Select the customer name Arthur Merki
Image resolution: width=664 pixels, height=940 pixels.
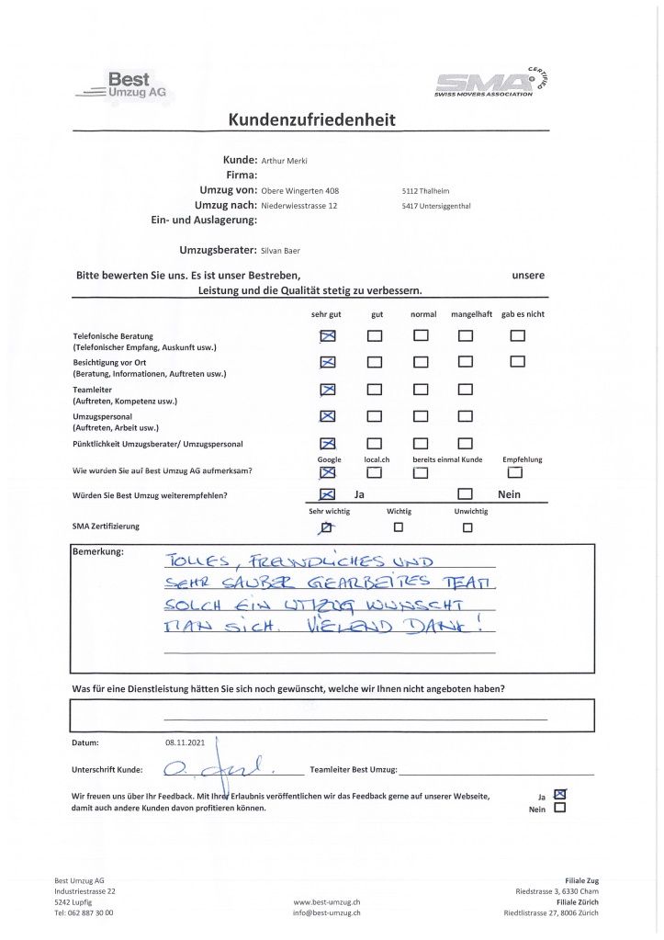284,160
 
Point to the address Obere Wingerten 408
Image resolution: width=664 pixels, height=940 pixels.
300,190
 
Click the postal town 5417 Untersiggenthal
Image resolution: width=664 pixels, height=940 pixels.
436,206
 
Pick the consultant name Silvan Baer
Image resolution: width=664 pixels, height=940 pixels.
280,250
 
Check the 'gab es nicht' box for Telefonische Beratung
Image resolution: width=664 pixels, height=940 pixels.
517,336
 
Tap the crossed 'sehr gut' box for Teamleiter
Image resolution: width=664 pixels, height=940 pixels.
328,390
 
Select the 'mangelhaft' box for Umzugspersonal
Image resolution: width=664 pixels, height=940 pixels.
466,416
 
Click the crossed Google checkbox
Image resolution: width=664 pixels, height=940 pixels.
328,472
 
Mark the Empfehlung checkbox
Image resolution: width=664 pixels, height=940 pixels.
514,472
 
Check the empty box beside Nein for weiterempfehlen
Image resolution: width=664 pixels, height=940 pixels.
466,494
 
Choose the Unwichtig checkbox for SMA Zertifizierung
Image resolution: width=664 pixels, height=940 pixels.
467,527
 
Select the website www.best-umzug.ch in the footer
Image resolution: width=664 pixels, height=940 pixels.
326,902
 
